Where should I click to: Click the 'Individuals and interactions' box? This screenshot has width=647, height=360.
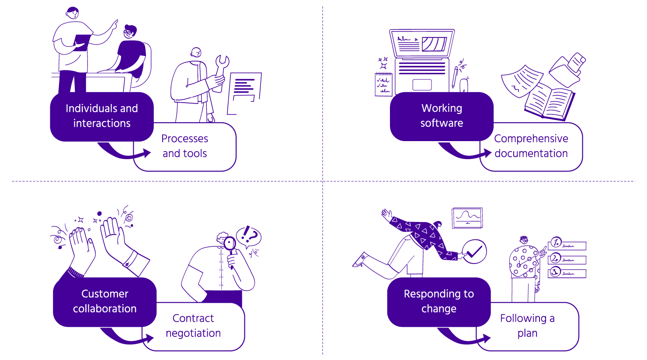(x=101, y=116)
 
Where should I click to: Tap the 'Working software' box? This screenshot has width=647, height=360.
(x=442, y=116)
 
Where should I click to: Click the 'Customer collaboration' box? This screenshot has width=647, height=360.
(x=104, y=301)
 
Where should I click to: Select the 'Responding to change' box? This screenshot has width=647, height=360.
(x=438, y=301)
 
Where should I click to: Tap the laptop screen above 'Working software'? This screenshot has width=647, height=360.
(x=422, y=44)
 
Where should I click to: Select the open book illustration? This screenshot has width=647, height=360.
(x=549, y=103)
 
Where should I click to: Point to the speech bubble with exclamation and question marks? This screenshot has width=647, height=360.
(x=249, y=236)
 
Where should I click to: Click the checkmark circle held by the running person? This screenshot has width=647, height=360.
(x=474, y=252)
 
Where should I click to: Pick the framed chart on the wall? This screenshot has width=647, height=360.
(x=467, y=218)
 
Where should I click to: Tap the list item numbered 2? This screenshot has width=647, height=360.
(x=567, y=259)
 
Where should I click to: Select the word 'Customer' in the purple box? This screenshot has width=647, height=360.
(x=104, y=294)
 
